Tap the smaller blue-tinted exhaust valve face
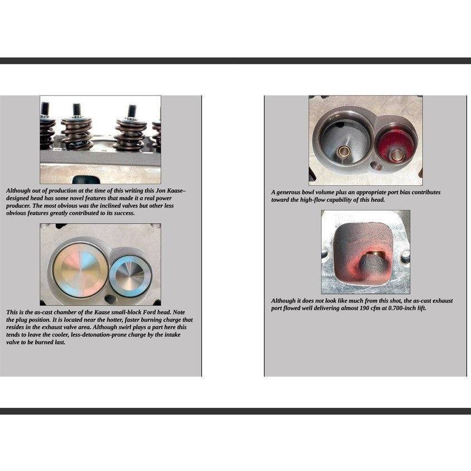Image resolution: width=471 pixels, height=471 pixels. [130, 275]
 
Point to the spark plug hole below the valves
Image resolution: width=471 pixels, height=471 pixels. [110, 299]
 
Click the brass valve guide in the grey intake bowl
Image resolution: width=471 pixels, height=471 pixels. [343, 151]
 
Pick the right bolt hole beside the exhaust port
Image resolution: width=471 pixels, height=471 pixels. [405, 257]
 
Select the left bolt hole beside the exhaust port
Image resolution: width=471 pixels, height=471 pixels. [325, 254]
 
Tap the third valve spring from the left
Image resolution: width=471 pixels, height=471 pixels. [129, 134]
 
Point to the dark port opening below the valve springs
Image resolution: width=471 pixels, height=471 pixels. [85, 180]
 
